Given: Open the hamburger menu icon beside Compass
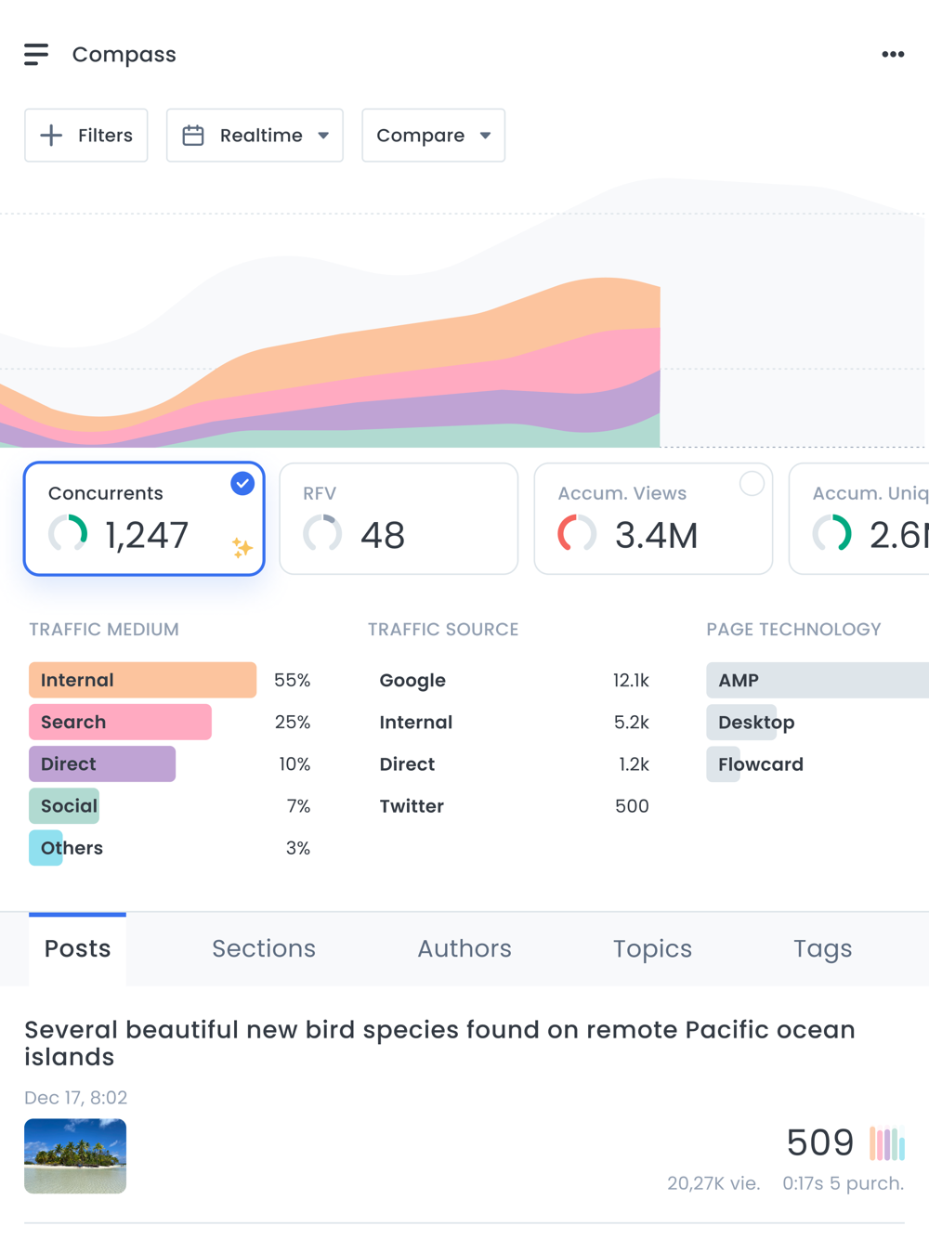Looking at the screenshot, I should coord(36,55).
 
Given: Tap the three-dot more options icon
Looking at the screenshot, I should coord(893,55).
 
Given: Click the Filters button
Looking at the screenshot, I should coord(86,136).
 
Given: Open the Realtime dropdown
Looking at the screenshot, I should coord(255,136).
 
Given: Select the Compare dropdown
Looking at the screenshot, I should coord(433,136).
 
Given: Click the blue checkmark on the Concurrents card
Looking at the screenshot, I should coord(242,483).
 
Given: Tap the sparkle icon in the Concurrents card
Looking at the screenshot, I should coord(242,548).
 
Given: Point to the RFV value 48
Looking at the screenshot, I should coord(383,535).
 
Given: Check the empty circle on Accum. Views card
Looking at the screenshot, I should coord(752,483).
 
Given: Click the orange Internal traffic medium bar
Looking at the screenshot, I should coord(142,680).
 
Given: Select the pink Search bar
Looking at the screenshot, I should coord(120,722).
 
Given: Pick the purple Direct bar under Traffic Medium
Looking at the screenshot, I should coord(102,764).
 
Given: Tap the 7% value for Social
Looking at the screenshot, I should coord(298,806).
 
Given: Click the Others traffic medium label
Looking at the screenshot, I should coord(72,848).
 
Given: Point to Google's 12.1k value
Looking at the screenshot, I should coord(631,680).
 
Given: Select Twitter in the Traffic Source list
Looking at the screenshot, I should coord(412,806).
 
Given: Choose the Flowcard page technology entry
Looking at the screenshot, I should coord(760,764).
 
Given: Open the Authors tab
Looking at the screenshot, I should coord(464,948).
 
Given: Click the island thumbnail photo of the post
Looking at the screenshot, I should coord(75,1156).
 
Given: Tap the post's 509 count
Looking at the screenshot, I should coord(819,1142).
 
